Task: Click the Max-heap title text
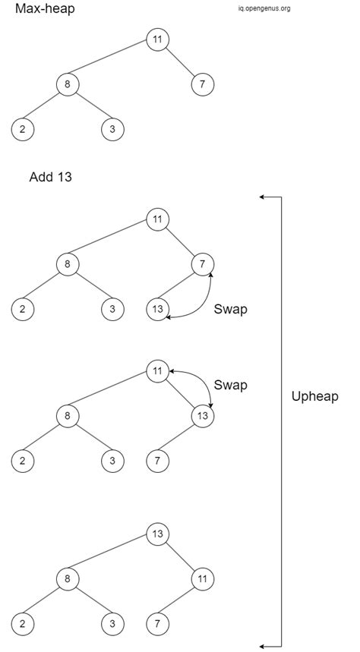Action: click(45, 10)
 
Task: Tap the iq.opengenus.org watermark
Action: click(264, 9)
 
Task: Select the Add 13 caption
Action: click(50, 178)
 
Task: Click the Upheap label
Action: click(315, 396)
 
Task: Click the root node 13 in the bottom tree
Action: click(157, 534)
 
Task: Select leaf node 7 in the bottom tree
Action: click(157, 623)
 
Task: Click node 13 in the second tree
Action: click(157, 310)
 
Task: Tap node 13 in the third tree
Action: click(202, 415)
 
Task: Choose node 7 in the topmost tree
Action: click(202, 84)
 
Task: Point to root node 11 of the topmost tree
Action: click(157, 39)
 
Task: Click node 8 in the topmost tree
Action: click(68, 84)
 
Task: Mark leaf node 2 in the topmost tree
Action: click(23, 129)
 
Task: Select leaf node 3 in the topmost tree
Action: click(112, 129)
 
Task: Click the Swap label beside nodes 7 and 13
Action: click(230, 309)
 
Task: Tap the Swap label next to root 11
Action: click(230, 385)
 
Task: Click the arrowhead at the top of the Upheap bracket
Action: click(262, 197)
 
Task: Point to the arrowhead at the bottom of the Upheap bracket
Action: click(262, 646)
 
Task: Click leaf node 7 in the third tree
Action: click(157, 460)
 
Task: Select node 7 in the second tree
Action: click(202, 265)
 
